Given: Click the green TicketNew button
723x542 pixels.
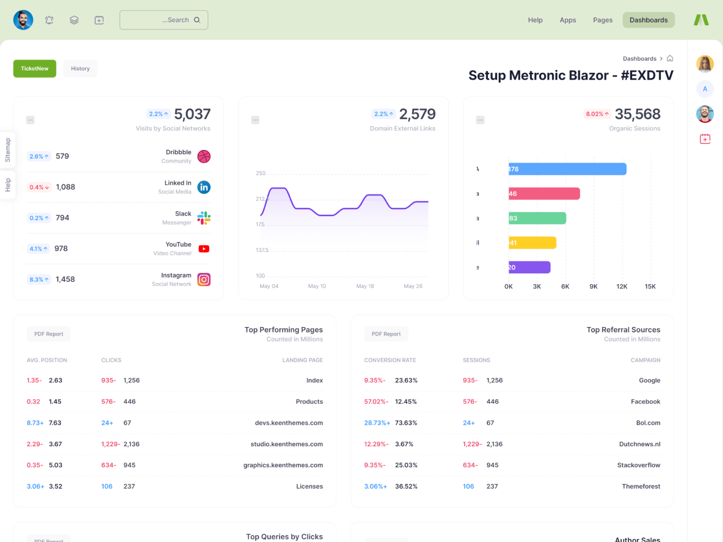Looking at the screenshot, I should pos(34,69).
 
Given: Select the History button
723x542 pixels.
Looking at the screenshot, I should pos(80,69).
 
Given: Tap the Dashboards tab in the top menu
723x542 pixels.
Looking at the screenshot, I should pos(648,20).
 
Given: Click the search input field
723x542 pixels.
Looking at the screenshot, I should pos(163,20).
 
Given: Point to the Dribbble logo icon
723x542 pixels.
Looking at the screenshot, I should pos(204,157).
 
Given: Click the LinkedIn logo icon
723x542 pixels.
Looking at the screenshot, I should pos(204,187).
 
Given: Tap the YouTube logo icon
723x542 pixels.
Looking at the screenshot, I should pos(204,249).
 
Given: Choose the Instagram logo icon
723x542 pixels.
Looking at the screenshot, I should pos(204,279).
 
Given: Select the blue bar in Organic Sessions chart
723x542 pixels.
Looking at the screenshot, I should pos(567,169).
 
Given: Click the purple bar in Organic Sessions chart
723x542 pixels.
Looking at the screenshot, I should pos(529,267).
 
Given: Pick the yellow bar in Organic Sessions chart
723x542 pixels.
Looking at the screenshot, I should pos(532,243).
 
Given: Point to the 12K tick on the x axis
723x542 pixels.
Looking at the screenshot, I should pos(621,287).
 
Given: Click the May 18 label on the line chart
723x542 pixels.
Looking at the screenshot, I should pos(365,286).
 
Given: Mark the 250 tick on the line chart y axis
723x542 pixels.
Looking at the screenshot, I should pos(260,173).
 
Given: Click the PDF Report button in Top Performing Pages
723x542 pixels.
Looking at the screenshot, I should pos(49,334).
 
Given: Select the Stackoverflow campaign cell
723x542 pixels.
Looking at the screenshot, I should pos(639,465).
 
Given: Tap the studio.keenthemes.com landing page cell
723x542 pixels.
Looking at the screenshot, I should pos(287,444).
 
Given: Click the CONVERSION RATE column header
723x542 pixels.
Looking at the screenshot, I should pos(390,360).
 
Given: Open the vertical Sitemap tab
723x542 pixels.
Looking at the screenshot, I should pos(8,150).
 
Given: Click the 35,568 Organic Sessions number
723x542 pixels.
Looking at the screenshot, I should pos(637,114).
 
